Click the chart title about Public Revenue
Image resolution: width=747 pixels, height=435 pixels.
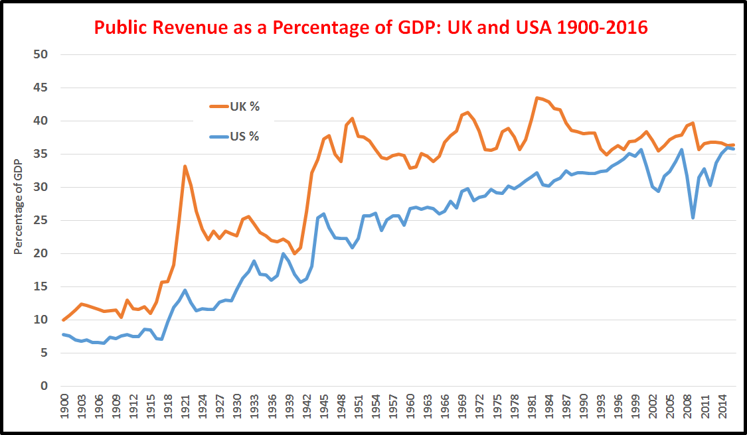(x=371, y=28)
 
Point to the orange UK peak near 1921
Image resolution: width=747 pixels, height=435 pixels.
(x=185, y=166)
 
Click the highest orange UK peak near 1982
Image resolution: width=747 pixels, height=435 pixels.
(x=537, y=97)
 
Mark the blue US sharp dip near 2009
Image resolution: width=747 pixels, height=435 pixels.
(x=693, y=217)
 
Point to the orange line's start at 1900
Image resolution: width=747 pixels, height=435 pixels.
(x=64, y=320)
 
